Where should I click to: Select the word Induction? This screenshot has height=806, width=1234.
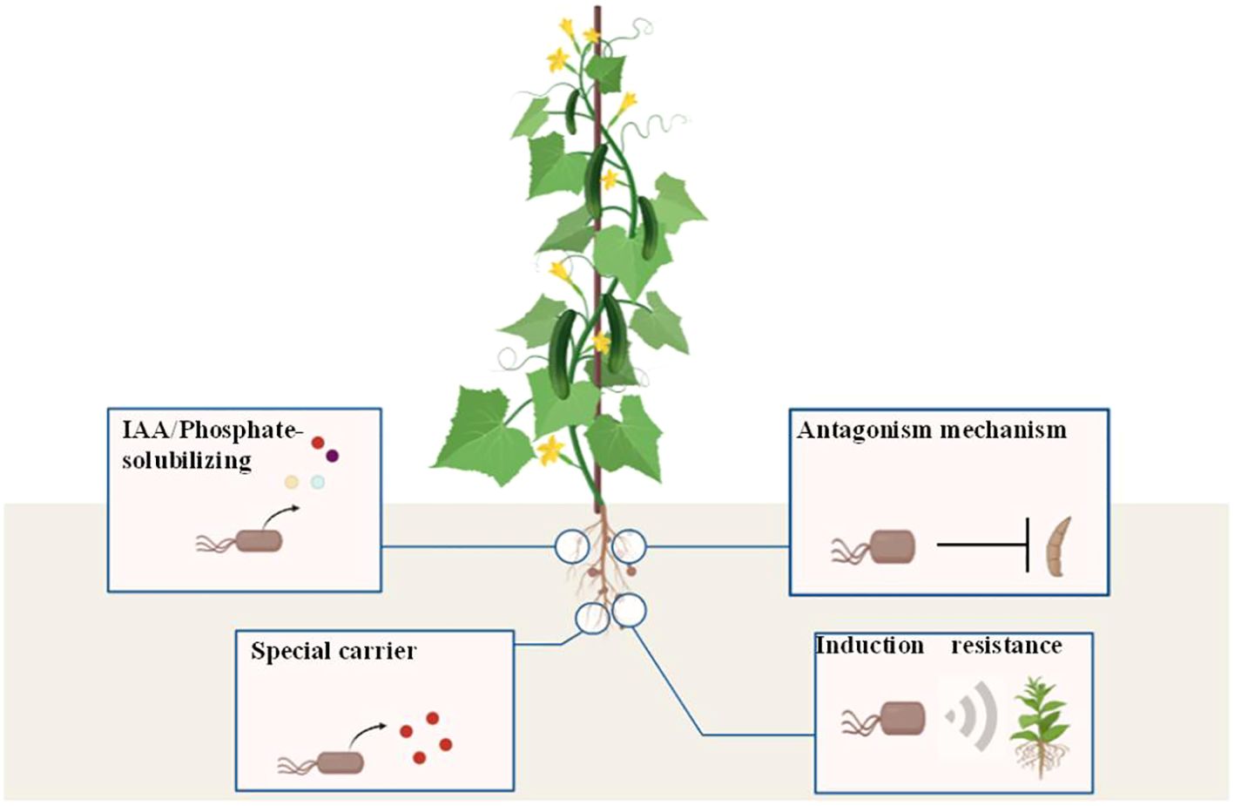tap(869, 646)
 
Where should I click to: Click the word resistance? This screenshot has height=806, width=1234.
tap(1006, 646)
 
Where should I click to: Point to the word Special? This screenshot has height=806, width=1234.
tap(287, 651)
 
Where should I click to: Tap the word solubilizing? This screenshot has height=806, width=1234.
tap(186, 460)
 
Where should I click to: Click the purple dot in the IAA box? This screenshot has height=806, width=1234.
tap(332, 456)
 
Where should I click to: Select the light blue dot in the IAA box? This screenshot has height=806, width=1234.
tap(318, 482)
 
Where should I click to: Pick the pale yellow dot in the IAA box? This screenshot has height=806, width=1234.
tap(292, 482)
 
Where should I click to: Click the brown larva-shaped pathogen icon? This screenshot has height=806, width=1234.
tap(1059, 546)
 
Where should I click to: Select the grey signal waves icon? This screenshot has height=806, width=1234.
tap(974, 715)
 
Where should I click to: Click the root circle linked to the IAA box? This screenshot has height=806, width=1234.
tap(572, 547)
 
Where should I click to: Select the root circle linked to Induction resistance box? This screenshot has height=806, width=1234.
tap(629, 611)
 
